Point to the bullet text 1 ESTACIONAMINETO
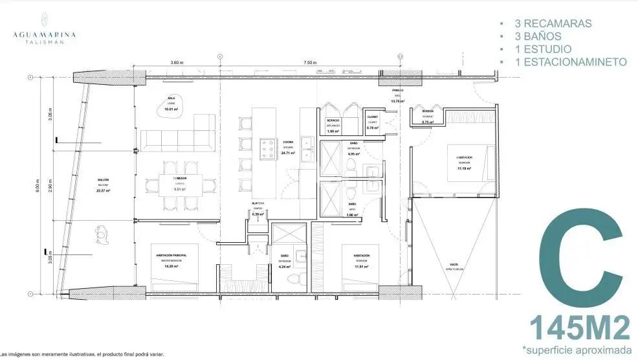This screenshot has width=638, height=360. click(x=568, y=62)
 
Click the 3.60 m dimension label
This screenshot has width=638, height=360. click(x=177, y=63)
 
